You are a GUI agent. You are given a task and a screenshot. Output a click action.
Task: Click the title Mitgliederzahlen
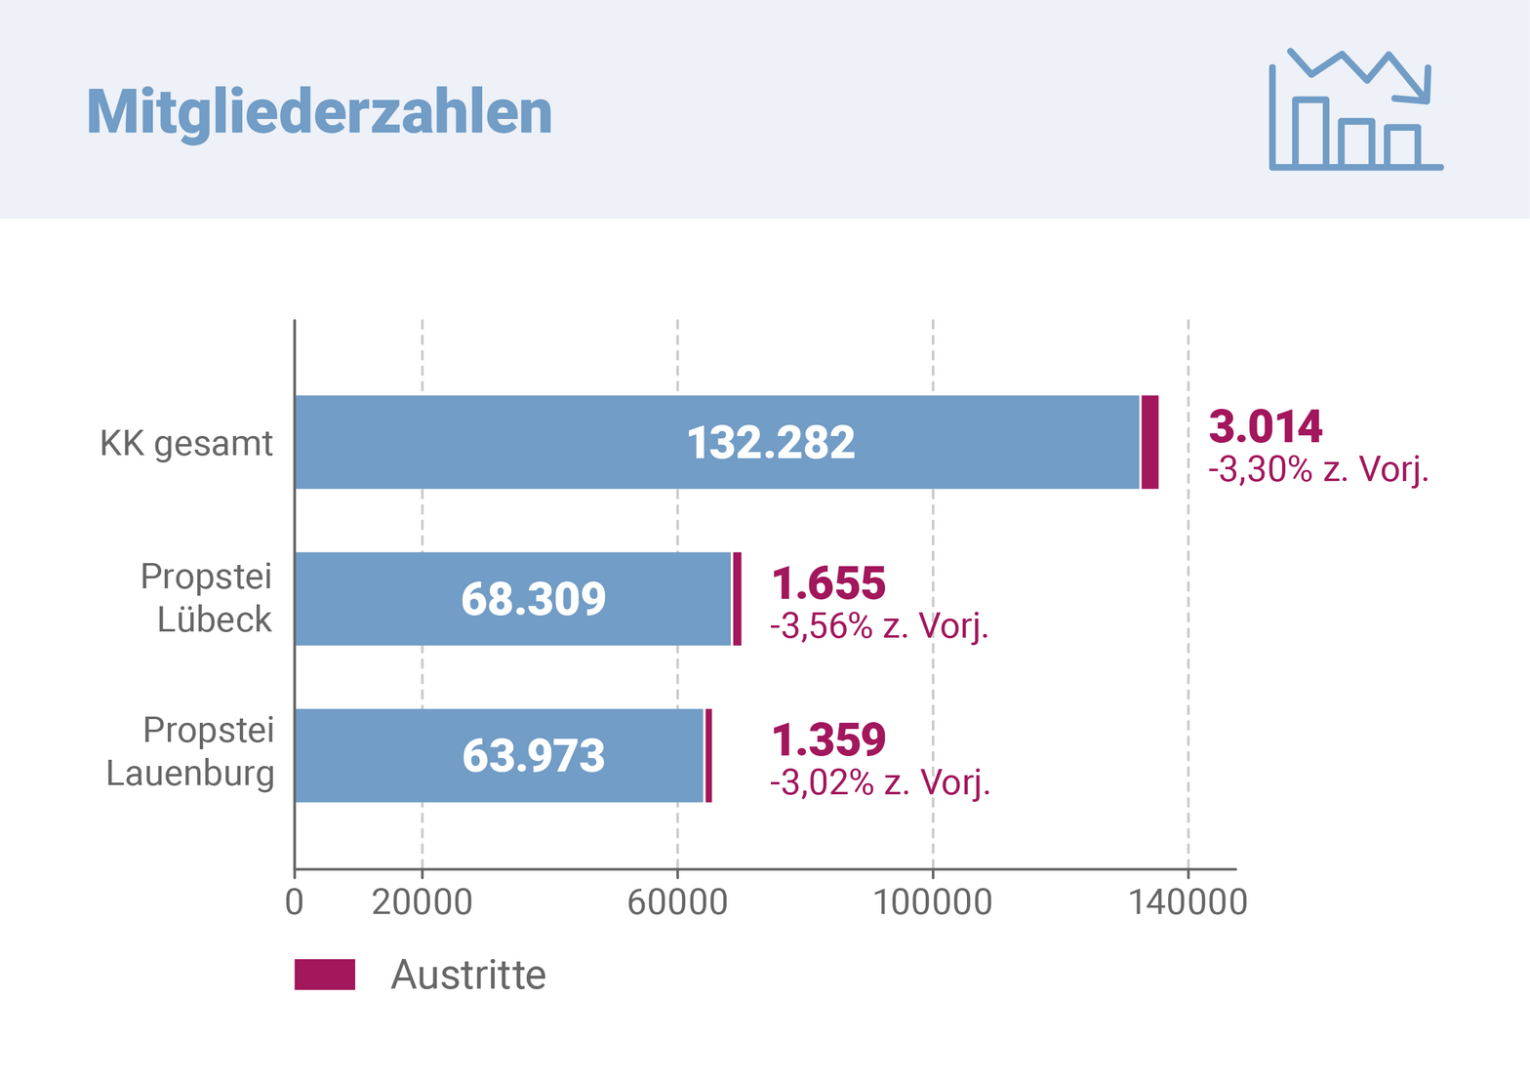click(319, 112)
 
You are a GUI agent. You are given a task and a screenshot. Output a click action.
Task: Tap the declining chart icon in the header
click(1355, 110)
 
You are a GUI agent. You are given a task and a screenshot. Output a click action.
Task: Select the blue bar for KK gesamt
click(585, 442)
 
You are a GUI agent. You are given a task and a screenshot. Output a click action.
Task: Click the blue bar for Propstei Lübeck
click(390, 598)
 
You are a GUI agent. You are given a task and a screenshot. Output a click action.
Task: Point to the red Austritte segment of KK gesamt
click(1149, 442)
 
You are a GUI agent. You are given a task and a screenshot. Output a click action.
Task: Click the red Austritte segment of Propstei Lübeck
click(737, 598)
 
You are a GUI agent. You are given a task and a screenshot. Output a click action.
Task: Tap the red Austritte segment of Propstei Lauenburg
click(708, 755)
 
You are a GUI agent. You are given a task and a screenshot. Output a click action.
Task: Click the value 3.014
click(1266, 427)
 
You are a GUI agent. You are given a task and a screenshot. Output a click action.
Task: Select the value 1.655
click(828, 583)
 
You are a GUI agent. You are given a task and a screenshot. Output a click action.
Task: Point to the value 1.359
click(828, 740)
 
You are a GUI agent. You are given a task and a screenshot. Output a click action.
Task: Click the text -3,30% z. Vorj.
click(1318, 470)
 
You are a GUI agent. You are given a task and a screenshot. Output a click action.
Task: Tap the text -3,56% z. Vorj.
click(879, 626)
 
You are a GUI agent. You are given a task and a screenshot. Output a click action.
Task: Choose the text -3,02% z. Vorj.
click(880, 782)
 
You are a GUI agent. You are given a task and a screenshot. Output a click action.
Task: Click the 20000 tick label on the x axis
click(422, 902)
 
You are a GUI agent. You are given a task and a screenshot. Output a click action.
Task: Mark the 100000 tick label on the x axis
click(932, 902)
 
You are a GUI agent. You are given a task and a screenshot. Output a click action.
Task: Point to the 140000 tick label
click(1188, 902)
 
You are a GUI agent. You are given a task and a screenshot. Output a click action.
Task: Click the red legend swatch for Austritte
click(325, 975)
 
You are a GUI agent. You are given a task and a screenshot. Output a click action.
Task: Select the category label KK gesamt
click(186, 444)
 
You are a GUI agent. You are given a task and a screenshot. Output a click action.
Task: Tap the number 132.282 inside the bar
click(771, 443)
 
